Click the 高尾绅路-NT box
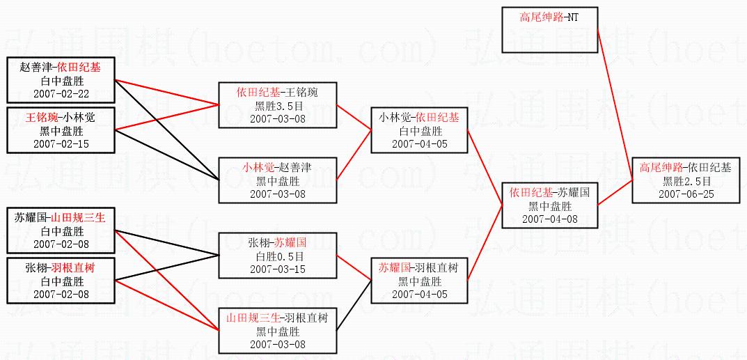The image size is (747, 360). click(549, 26)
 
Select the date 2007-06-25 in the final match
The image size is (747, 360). click(686, 194)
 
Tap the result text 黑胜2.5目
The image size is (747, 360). click(686, 181)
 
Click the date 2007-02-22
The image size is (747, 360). click(61, 93)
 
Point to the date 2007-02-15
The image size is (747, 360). click(61, 143)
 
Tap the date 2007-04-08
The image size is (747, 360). click(550, 219)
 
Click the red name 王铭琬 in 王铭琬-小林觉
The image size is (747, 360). click(41, 118)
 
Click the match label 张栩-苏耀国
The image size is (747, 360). click(277, 243)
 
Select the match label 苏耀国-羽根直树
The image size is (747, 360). click(420, 268)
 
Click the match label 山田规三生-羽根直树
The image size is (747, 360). click(276, 318)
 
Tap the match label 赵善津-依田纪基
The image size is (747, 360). click(61, 68)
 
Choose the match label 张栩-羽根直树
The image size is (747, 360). click(61, 267)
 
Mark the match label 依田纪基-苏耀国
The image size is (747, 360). click(550, 192)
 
